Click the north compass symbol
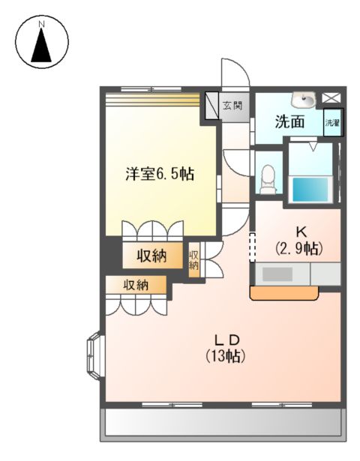click(42, 43)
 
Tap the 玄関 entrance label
click(233, 106)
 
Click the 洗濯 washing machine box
click(331, 123)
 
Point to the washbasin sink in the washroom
click(305, 99)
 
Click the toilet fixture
click(268, 178)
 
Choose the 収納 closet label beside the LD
click(135, 285)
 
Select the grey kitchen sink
click(277, 275)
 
